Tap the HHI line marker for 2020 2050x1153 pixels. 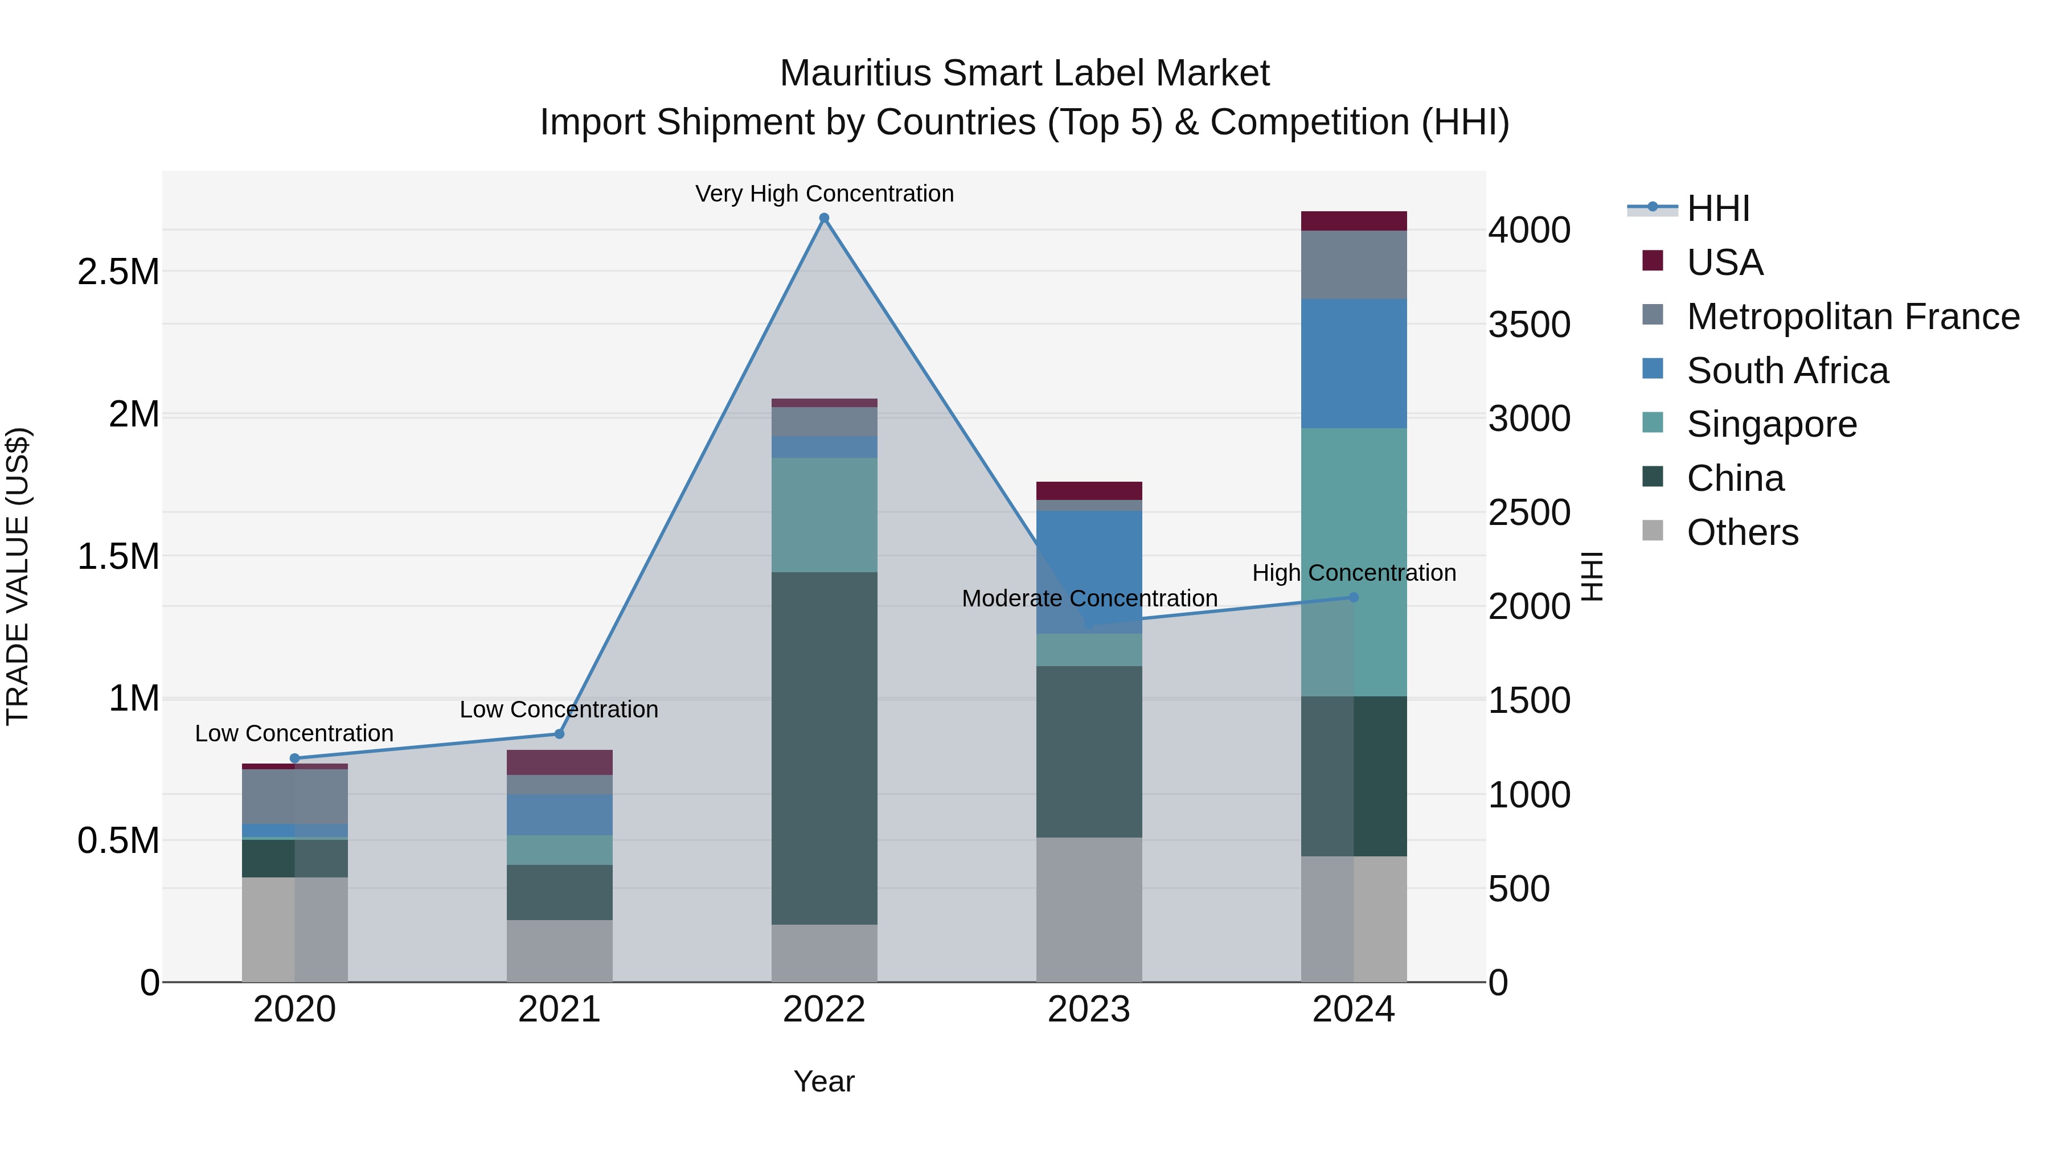[294, 758]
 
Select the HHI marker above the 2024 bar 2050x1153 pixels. [1353, 598]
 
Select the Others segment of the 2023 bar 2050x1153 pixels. [1089, 909]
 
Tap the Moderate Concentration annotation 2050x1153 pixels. [1089, 598]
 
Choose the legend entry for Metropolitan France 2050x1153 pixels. [1852, 317]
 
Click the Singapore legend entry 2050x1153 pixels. [1772, 424]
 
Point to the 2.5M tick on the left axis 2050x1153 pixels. [118, 272]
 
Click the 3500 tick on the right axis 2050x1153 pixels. [1529, 325]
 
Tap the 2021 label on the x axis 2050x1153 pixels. [559, 1010]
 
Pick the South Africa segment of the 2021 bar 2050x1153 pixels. [559, 814]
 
